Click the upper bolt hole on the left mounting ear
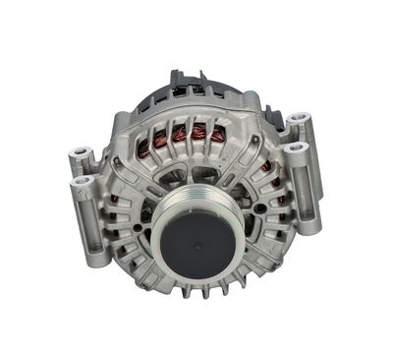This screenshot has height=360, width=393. [80, 154]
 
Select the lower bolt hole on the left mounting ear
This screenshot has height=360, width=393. [84, 181]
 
